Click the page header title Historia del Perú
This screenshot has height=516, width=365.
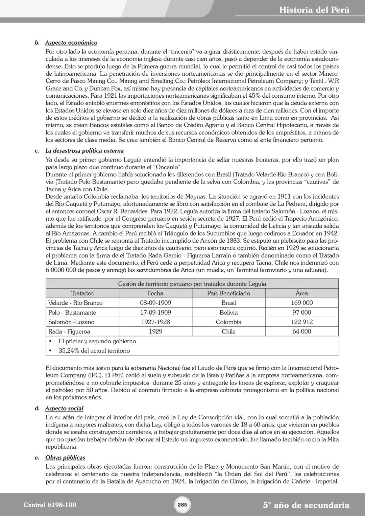[x=314, y=10]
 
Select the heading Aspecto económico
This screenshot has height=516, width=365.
[x=71, y=43]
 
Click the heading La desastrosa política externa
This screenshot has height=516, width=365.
[x=84, y=151]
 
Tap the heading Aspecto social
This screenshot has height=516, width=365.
[x=64, y=408]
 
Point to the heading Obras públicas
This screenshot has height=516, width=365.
[x=65, y=458]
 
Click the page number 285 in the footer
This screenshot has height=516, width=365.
[x=182, y=505]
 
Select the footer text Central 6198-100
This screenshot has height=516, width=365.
[x=50, y=505]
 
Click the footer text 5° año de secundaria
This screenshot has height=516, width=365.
[x=306, y=505]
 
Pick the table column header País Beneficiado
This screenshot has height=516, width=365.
[x=228, y=293]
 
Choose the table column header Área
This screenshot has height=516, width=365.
[x=301, y=293]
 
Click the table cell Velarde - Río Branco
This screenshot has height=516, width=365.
[x=75, y=303]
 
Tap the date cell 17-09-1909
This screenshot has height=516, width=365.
[x=155, y=312]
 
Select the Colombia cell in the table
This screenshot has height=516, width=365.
[x=228, y=322]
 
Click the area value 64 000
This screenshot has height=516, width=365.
[x=301, y=331]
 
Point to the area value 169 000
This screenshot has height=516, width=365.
[x=301, y=303]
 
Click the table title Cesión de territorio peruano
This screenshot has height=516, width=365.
[x=192, y=284]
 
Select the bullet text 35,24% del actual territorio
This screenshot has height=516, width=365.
[x=94, y=350]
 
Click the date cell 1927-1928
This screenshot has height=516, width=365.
[x=155, y=322]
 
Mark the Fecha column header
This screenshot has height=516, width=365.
[x=155, y=293]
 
